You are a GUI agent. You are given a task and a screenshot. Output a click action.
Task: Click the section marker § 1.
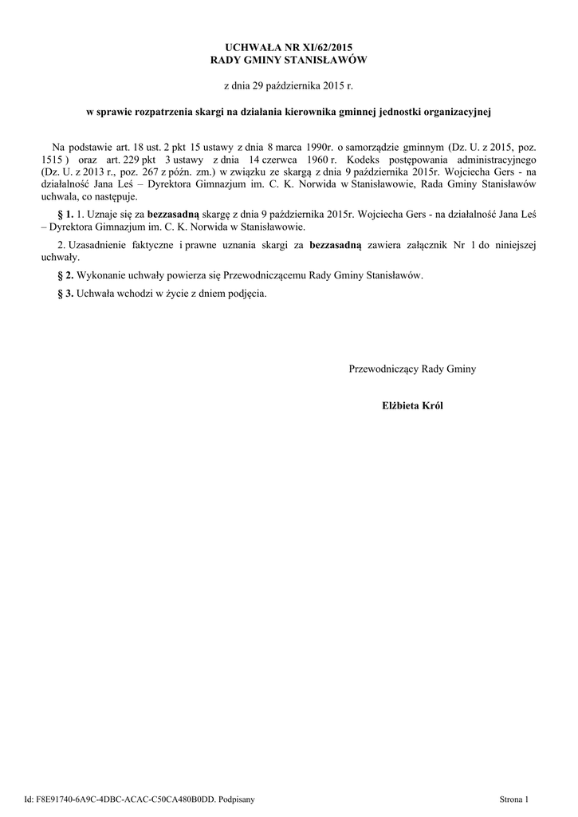click(66, 215)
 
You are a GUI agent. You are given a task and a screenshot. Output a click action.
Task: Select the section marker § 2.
click(66, 275)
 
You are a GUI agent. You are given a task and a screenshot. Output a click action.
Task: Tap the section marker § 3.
click(66, 293)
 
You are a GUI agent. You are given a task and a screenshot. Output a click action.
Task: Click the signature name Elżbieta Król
click(412, 405)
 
